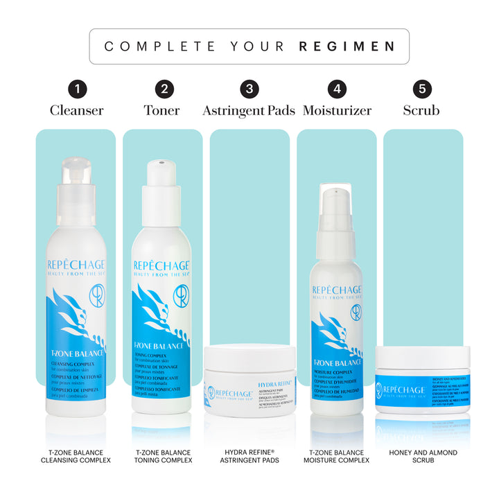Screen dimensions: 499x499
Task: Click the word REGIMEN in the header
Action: pos(347,47)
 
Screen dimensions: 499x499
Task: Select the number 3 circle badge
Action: pos(249,89)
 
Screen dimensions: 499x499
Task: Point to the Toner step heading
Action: pos(162,111)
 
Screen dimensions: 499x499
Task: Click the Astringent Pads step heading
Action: pos(249,111)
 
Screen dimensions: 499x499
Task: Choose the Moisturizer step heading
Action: pos(337,111)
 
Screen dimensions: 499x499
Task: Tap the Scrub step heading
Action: pos(422,111)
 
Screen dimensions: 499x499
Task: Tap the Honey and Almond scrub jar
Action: pos(423,381)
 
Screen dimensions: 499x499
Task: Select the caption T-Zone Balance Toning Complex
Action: pos(163,457)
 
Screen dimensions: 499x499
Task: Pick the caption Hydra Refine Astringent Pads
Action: pos(249,457)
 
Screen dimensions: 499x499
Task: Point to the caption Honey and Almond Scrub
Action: pos(423,457)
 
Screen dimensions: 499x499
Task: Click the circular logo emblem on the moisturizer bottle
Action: pos(356,312)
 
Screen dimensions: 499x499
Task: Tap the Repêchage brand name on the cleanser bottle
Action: pos(75,265)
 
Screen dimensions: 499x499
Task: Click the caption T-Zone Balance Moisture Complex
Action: pos(337,457)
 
